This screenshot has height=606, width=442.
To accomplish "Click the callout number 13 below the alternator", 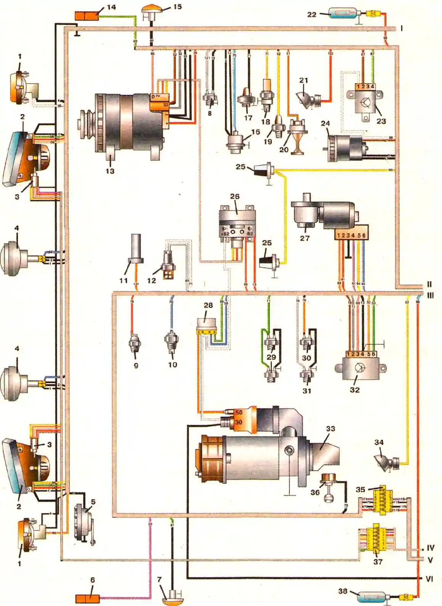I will click(110, 171).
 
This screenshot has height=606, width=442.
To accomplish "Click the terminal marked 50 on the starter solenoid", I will click(239, 413).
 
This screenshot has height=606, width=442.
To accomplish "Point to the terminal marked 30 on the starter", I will click(239, 422).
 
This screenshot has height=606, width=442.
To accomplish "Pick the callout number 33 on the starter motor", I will click(331, 429).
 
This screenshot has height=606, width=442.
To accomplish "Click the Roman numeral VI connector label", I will click(429, 579).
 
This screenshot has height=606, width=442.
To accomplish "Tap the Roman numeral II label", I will click(429, 284).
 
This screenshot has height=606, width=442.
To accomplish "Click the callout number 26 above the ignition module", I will click(235, 196).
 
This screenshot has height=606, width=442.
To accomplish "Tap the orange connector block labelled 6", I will click(88, 598).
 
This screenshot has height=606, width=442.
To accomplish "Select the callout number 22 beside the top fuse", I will click(312, 15).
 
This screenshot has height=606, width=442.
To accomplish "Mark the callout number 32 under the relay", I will click(355, 390).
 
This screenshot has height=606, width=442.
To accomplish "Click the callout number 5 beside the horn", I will click(93, 502).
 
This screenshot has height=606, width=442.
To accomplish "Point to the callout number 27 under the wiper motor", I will click(305, 238).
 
